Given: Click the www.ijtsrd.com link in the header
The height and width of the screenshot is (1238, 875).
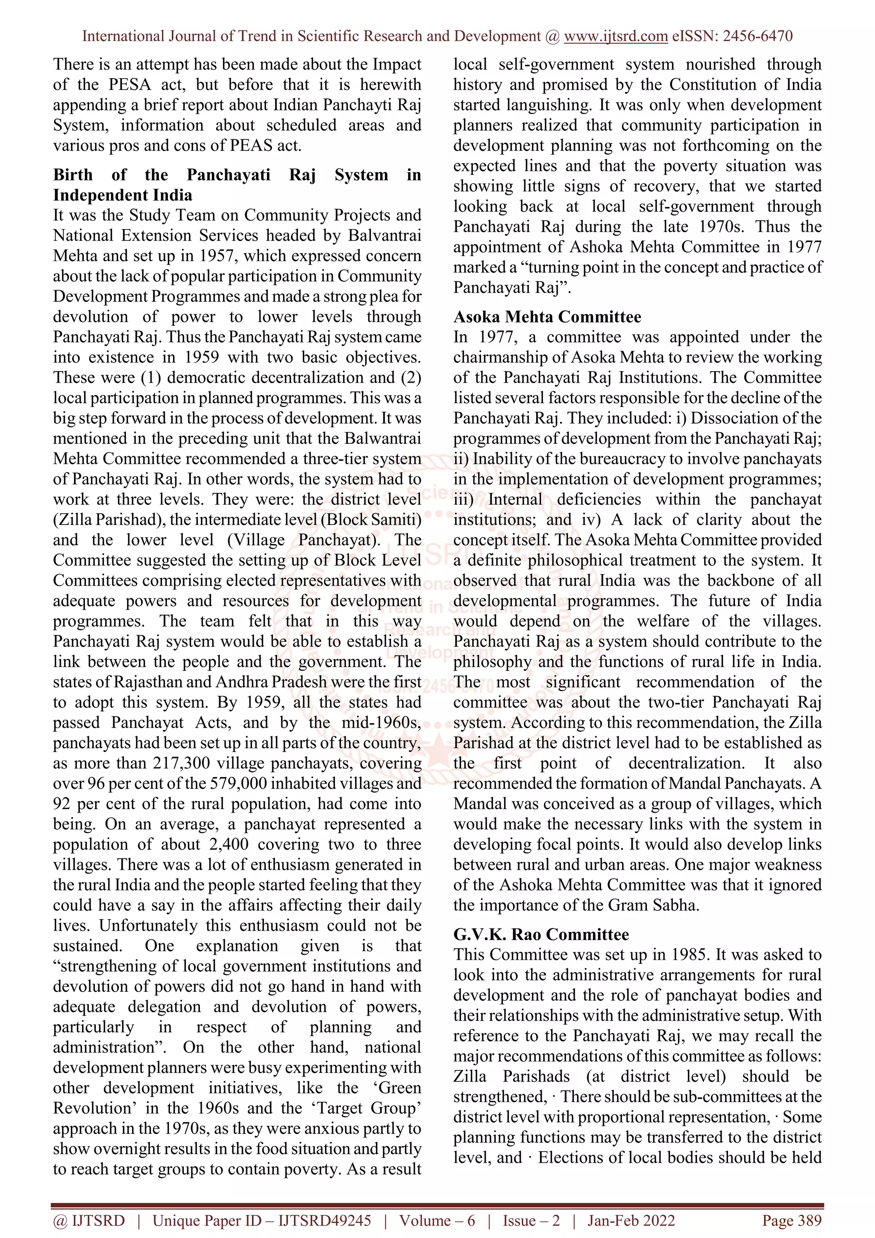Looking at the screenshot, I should [615, 36].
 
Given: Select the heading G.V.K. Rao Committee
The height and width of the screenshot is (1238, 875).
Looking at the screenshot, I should [541, 934].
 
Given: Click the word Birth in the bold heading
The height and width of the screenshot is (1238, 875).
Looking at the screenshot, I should [73, 175].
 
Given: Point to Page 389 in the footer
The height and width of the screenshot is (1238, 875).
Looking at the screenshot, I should [792, 1221].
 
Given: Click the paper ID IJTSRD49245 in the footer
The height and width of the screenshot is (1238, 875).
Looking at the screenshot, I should [324, 1221].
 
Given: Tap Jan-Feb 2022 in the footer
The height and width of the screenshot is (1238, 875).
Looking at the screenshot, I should [631, 1221].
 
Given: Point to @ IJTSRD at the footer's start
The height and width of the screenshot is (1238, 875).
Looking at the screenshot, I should [88, 1221].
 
